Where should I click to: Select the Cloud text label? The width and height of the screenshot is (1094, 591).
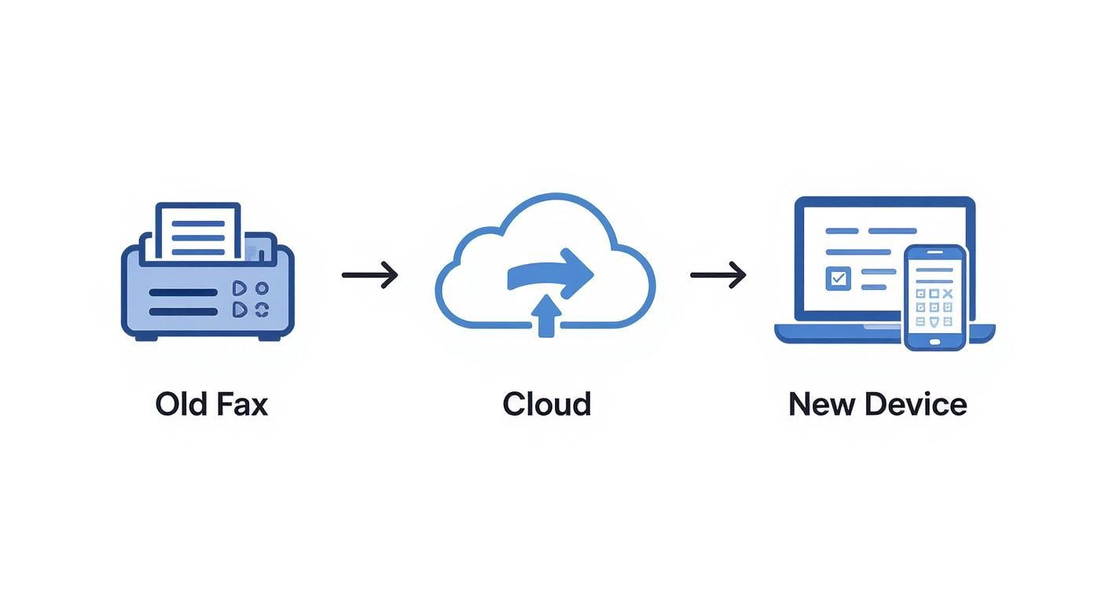coord(546,404)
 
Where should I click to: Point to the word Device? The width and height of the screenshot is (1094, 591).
coord(916,404)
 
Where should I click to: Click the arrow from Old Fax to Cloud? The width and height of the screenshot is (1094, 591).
coord(369,274)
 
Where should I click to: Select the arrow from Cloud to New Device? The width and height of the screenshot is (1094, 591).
coord(718,274)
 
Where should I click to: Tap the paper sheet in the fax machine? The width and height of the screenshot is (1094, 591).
coord(198,229)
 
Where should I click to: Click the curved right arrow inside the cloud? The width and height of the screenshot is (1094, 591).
coord(551,273)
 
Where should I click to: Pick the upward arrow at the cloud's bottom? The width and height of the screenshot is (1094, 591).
coord(545,318)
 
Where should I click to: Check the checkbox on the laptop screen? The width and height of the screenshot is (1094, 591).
coord(838,278)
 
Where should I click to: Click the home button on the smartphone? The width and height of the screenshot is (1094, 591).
coord(934,341)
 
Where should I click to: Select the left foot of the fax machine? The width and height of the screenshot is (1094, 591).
coord(146,336)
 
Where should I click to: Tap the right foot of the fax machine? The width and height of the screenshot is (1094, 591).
coord(269,336)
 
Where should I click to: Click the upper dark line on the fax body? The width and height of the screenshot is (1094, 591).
coord(183,292)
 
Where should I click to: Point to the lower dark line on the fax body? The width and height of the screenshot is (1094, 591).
coord(183,311)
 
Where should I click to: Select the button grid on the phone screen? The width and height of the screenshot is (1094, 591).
coord(934,307)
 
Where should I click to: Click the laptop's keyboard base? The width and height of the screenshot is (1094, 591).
coord(833,333)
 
